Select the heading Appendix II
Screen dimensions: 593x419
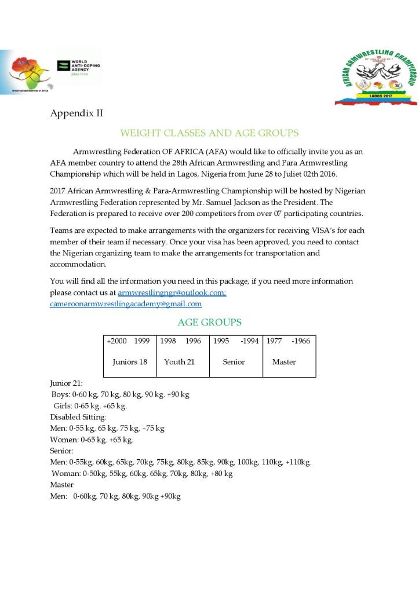click(76, 113)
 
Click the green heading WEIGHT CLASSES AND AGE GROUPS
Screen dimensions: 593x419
click(209, 133)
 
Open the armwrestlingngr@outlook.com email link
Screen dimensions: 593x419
click(172, 293)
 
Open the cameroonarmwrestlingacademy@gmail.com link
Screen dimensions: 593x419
click(126, 303)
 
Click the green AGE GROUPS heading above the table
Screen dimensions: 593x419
click(209, 323)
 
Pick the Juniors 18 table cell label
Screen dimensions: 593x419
click(130, 362)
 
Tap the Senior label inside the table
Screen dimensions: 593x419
click(234, 362)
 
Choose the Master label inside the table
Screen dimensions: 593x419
click(284, 362)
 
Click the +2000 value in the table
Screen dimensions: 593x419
click(116, 341)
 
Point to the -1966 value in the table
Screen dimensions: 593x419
click(301, 341)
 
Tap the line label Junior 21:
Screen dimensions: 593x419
click(66, 383)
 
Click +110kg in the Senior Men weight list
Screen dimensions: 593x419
click(299, 462)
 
